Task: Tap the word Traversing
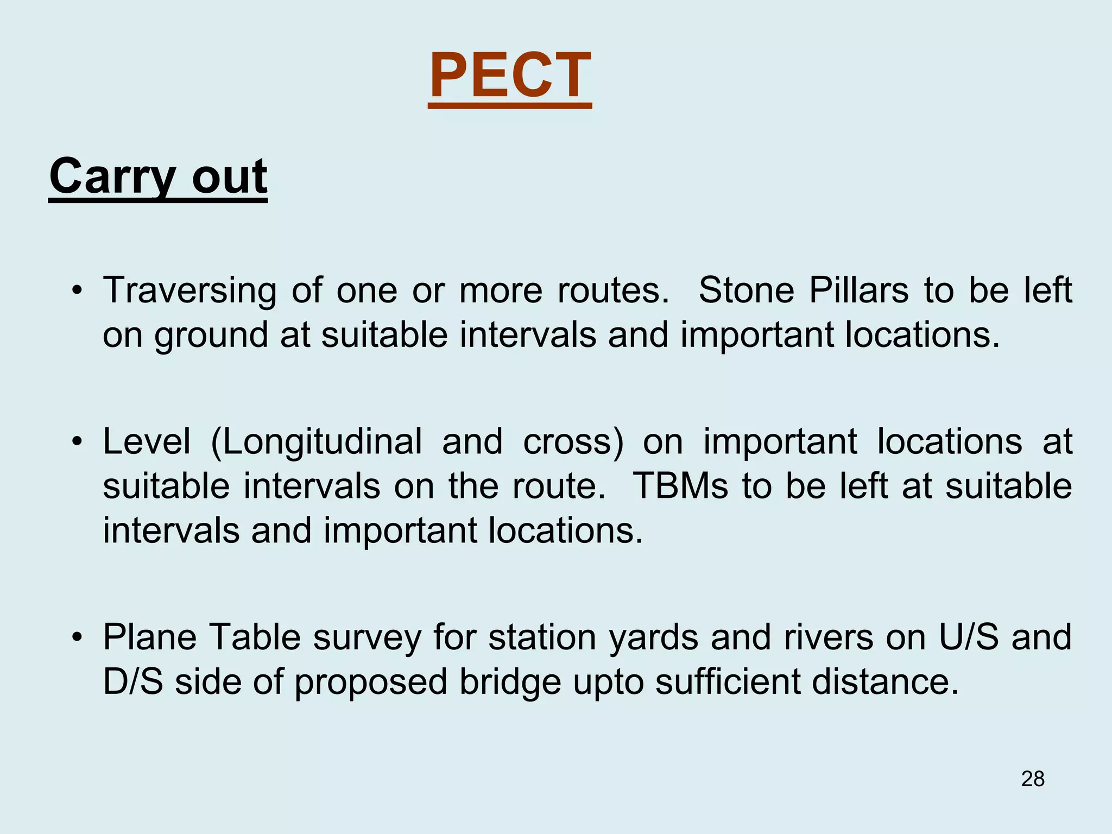click(x=189, y=291)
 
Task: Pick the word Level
click(x=147, y=441)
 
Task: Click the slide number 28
click(x=1033, y=779)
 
